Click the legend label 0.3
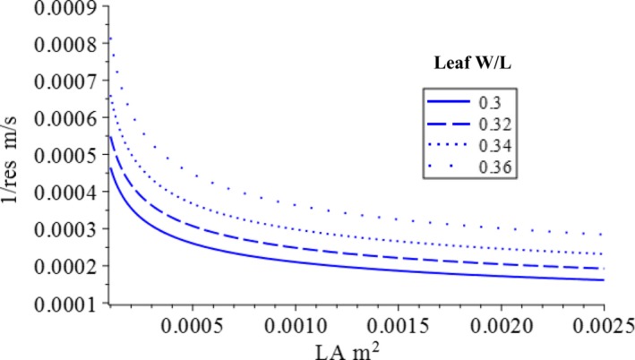[x=486, y=97]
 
